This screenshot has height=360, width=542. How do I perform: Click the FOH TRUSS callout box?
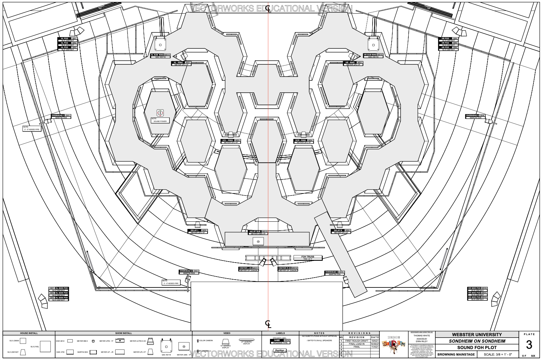[308, 258]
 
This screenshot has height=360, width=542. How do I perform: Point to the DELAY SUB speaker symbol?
[258, 241]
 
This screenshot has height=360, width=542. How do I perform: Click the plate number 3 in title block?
[529, 345]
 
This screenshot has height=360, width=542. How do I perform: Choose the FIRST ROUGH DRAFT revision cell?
[357, 341]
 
